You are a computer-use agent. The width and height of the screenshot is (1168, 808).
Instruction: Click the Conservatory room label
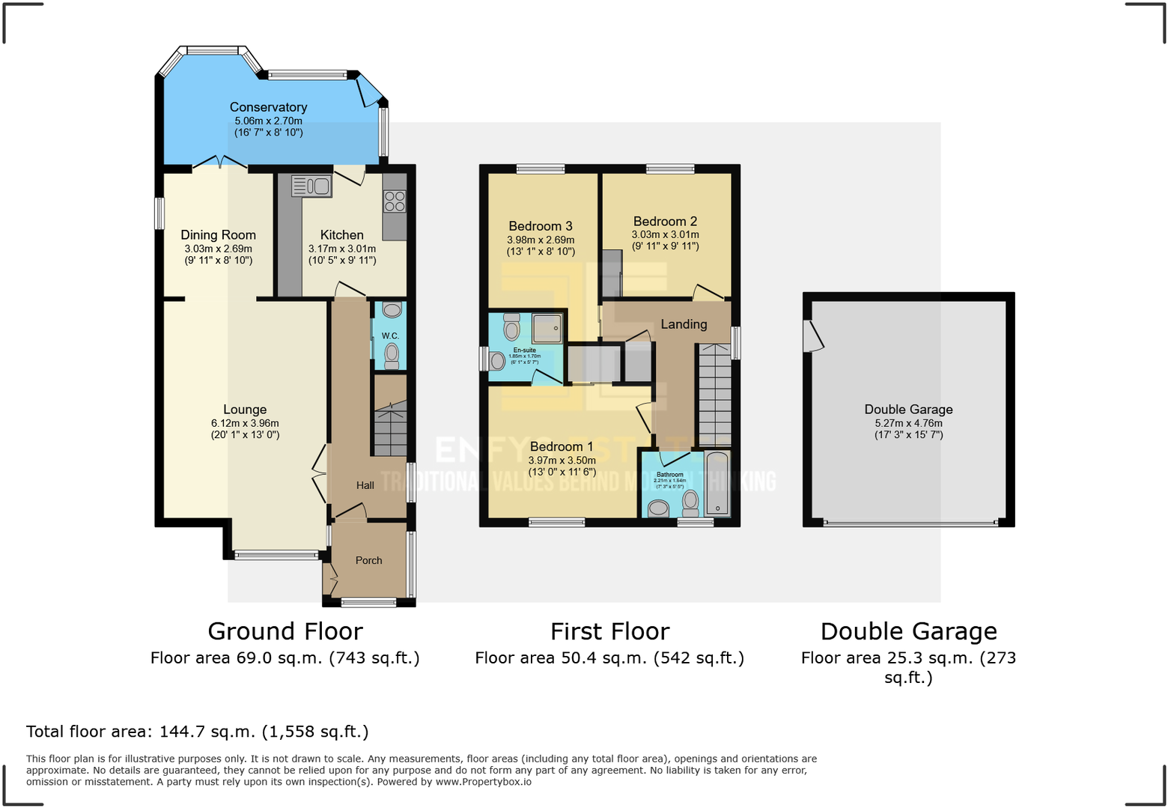point(268,107)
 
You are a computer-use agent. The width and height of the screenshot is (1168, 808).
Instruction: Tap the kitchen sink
point(311,186)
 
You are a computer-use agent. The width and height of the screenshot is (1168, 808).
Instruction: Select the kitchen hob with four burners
point(395,201)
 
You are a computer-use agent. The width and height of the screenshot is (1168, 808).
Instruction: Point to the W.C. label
point(390,335)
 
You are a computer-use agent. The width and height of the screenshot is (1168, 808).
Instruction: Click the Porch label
point(368,560)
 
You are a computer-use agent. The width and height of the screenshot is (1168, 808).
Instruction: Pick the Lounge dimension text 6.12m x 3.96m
point(245,423)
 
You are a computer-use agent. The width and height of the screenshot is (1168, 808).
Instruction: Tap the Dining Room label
point(218,235)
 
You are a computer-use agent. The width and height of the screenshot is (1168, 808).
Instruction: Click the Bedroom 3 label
point(540,226)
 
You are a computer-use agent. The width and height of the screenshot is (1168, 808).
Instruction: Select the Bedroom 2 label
point(665,222)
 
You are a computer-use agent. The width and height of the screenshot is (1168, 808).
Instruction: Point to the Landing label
point(684,324)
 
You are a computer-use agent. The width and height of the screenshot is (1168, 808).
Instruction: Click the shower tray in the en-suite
point(547,327)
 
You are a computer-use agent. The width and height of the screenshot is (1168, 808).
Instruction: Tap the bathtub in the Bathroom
point(717,483)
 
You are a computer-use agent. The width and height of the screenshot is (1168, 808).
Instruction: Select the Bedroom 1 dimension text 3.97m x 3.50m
point(562,461)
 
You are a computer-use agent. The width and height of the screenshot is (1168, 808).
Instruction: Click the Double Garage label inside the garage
point(908,410)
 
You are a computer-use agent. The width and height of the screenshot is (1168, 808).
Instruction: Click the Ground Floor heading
point(285,631)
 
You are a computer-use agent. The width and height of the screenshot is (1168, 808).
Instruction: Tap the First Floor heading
point(609,631)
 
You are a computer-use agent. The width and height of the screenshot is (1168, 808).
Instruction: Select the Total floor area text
point(198,732)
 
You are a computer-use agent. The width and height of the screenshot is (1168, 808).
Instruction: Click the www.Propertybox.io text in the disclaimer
point(484,782)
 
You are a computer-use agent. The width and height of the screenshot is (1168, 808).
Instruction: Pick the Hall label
point(365,485)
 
